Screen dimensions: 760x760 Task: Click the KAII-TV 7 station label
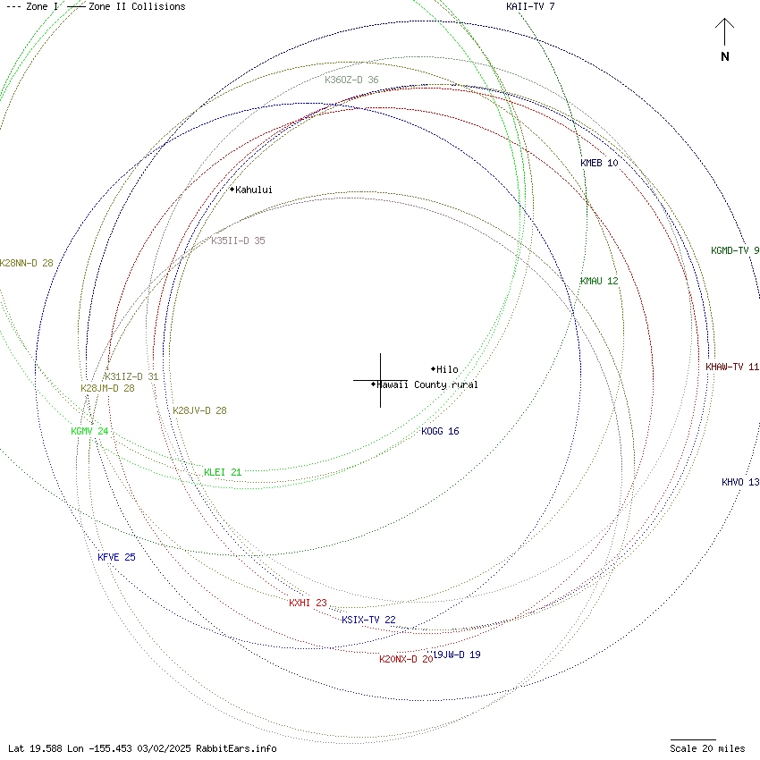[x=530, y=7]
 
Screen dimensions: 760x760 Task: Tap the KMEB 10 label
[x=599, y=164]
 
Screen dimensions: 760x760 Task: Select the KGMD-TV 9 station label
[x=735, y=251]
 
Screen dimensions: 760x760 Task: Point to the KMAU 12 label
[x=599, y=282]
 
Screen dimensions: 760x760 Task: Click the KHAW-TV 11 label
[x=731, y=367]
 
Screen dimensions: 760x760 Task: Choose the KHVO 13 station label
[x=740, y=483]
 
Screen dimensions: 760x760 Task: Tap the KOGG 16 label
[x=440, y=432]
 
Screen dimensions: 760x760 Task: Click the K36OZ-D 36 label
[x=351, y=80]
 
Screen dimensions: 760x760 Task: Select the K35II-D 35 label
[x=238, y=241]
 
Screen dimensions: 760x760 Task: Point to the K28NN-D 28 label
[x=27, y=264]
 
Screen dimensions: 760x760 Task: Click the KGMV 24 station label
[x=89, y=432]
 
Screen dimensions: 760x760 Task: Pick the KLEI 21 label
[x=223, y=472]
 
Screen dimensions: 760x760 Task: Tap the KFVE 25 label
[x=116, y=558]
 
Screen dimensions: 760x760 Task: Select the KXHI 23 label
[x=308, y=604]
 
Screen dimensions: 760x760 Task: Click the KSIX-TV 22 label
[x=368, y=621]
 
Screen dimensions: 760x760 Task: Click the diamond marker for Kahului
[x=232, y=190]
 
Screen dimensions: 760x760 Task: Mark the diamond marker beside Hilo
[x=434, y=369]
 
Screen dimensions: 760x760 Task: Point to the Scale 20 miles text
[x=707, y=748]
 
